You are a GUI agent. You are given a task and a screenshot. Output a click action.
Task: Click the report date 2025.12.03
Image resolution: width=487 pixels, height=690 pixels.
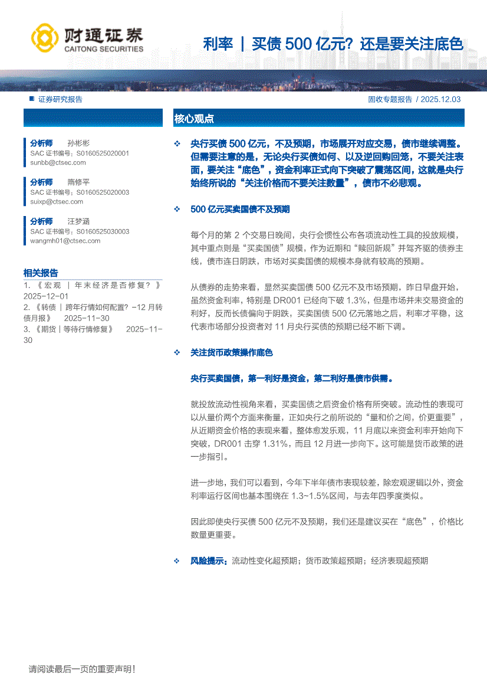click(442, 100)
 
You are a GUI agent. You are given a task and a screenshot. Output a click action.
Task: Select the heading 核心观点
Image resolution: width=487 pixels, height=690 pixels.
click(194, 119)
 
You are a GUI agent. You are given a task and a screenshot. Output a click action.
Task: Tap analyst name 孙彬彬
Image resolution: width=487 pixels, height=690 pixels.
click(78, 143)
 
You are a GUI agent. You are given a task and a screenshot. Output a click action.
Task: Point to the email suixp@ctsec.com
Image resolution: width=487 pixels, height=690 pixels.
click(57, 201)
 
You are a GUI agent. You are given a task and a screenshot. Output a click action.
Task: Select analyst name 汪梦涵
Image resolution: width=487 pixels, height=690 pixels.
click(78, 221)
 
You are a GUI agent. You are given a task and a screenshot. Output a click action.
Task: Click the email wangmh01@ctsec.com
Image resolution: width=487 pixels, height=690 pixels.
click(65, 240)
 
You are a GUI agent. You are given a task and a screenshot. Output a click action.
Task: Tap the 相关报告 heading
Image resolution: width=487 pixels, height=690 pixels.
click(41, 273)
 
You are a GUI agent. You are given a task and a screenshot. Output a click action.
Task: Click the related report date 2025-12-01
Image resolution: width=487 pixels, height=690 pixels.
click(46, 296)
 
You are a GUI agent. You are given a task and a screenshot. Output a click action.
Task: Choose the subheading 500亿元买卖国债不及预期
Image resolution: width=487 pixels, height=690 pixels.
click(240, 210)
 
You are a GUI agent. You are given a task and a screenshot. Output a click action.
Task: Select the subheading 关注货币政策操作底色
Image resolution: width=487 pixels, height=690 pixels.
click(232, 352)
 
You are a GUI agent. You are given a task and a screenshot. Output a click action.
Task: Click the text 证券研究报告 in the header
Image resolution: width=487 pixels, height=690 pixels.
click(60, 100)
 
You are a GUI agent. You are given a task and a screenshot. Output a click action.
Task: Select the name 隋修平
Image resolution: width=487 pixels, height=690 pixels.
click(78, 182)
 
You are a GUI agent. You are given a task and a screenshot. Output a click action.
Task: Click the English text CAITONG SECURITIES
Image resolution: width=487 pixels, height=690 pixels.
click(103, 49)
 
